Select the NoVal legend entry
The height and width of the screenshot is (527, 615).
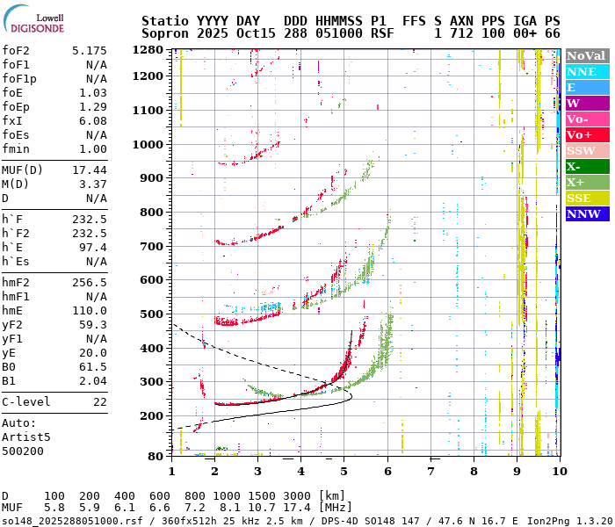pyautogui.click(x=586, y=55)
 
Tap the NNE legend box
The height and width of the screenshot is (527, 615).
pyautogui.click(x=586, y=71)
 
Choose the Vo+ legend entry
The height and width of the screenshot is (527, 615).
pyautogui.click(x=586, y=134)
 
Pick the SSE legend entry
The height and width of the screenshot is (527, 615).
pyautogui.click(x=586, y=198)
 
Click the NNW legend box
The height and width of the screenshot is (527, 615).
pyautogui.click(x=586, y=213)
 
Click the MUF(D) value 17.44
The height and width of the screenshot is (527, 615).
pyautogui.click(x=91, y=170)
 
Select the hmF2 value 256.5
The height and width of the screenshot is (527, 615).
pyautogui.click(x=91, y=282)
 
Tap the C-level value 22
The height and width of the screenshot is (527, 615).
pyautogui.click(x=100, y=401)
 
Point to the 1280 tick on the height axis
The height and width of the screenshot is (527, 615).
pyautogui.click(x=148, y=50)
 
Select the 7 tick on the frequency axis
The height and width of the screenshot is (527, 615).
pyautogui.click(x=430, y=472)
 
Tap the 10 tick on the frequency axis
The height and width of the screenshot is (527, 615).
pyautogui.click(x=558, y=472)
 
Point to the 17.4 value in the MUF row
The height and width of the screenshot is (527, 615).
pyautogui.click(x=291, y=508)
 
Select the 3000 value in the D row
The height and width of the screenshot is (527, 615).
pyautogui.click(x=291, y=495)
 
